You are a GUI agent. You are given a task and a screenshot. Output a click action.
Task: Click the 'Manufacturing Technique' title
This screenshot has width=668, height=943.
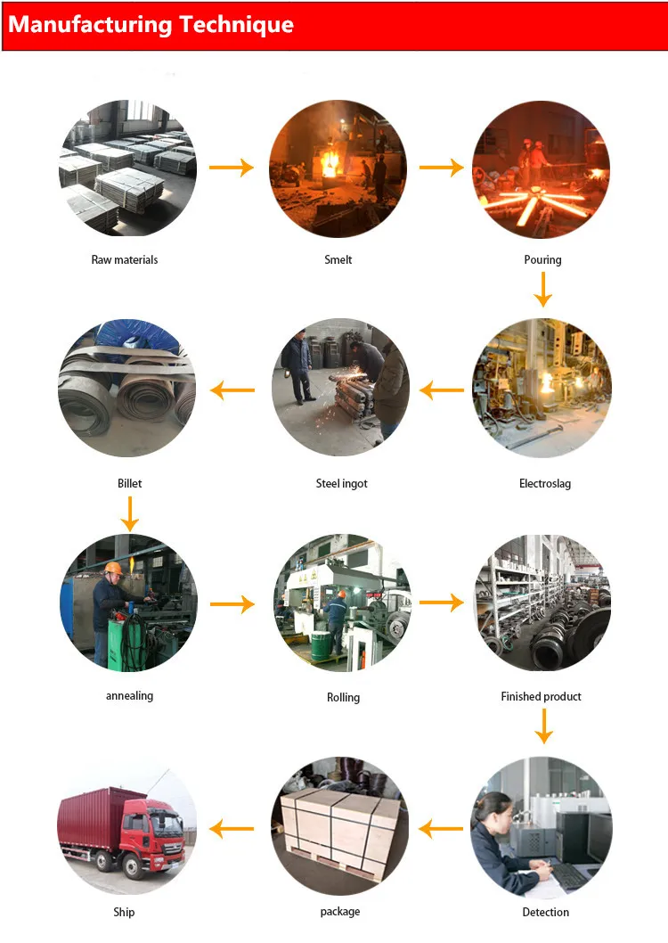(151, 24)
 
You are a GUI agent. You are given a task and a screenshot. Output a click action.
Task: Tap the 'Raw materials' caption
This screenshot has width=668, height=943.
(125, 260)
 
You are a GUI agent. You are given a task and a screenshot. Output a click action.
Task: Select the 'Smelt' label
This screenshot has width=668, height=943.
(338, 260)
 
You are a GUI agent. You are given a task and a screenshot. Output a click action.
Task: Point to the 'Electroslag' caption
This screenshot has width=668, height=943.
(545, 484)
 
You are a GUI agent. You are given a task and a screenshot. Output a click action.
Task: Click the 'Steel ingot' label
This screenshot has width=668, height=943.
(341, 484)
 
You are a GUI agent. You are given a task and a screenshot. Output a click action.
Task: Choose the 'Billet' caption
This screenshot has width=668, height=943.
(129, 484)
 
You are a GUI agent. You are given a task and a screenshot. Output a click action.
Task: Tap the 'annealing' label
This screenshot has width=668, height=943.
(129, 696)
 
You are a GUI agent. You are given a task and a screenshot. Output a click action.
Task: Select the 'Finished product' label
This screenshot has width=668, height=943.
(541, 696)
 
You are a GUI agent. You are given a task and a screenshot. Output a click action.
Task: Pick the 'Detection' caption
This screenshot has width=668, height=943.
(545, 913)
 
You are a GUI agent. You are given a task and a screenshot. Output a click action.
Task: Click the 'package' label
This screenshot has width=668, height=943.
(340, 912)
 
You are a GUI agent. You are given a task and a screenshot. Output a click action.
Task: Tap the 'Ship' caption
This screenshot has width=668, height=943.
(124, 912)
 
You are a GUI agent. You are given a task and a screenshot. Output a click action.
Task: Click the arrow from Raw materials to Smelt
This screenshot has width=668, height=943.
(232, 168)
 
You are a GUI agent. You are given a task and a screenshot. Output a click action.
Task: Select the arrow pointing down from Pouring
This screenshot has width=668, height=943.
(542, 289)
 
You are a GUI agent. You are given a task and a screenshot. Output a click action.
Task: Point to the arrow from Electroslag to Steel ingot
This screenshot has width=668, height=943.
(442, 389)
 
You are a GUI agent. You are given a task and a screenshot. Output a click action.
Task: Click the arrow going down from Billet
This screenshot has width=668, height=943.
(130, 513)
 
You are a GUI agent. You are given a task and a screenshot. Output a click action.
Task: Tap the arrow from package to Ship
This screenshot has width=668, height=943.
(232, 830)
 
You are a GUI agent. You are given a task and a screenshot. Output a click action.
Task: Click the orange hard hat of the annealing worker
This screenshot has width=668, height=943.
(113, 568)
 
